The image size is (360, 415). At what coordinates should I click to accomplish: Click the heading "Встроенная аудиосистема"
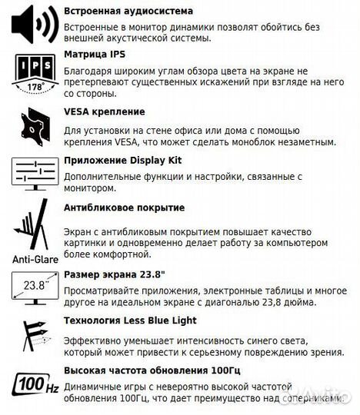(128, 12)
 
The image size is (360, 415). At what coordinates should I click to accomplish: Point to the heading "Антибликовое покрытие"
(124, 207)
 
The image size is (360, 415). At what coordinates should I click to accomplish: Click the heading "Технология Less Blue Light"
(130, 320)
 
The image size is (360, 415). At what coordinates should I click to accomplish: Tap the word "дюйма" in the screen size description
(298, 302)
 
